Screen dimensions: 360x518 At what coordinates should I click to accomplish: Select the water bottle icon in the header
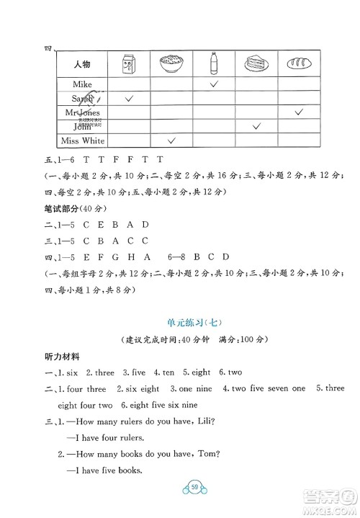click(x=214, y=64)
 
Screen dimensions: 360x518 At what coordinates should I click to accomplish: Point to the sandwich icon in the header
click(x=256, y=65)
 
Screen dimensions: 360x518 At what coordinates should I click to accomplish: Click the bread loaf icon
click(x=299, y=65)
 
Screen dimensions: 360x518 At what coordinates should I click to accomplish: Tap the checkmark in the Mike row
click(x=214, y=84)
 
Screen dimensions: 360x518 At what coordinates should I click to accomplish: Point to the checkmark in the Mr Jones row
click(x=299, y=112)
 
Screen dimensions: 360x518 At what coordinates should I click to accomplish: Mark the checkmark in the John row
click(x=257, y=127)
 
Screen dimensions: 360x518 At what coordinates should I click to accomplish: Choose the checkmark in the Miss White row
click(x=172, y=140)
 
